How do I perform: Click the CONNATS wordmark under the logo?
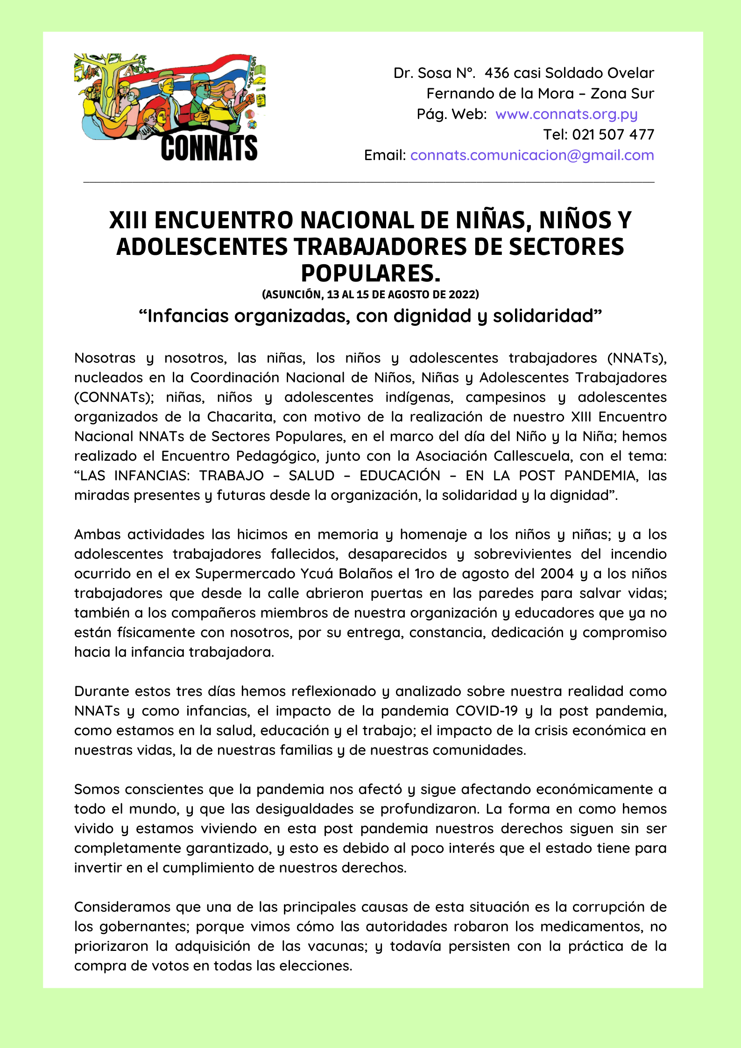209,148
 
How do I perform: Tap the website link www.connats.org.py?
566,114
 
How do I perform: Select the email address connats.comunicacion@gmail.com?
532,155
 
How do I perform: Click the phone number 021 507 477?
613,134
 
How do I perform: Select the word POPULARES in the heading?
370,273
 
